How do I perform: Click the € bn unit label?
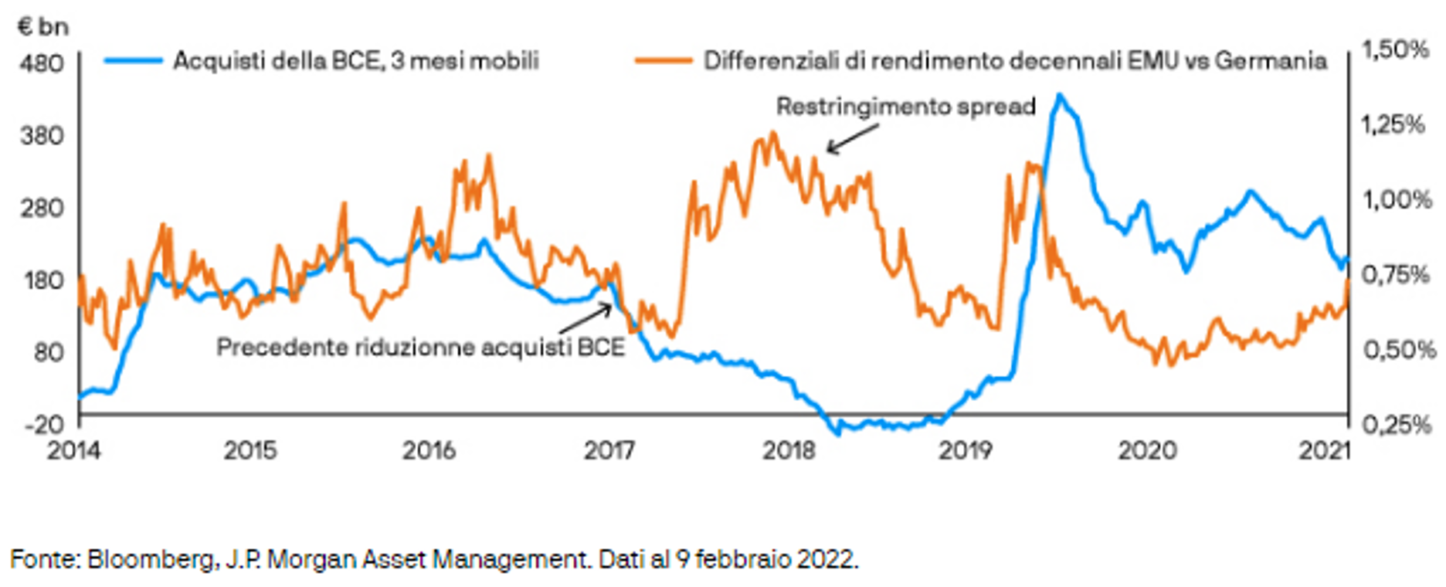click(x=42, y=27)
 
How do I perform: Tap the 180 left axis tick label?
click(x=42, y=280)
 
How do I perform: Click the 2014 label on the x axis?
click(x=74, y=450)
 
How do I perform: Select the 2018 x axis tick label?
click(x=789, y=450)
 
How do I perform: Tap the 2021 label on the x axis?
click(x=1324, y=450)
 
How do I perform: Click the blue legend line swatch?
click(x=132, y=60)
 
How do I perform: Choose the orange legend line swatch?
click(x=663, y=60)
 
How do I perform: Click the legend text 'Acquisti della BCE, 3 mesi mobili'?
click(x=356, y=60)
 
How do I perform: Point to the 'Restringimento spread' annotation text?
click(x=905, y=106)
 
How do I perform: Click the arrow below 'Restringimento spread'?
click(x=852, y=139)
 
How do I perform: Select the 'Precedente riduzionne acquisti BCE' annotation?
click(x=420, y=348)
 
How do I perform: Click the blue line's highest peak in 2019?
click(x=1060, y=96)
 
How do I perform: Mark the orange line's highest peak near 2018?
click(x=772, y=134)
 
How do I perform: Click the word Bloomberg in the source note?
click(x=152, y=558)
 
